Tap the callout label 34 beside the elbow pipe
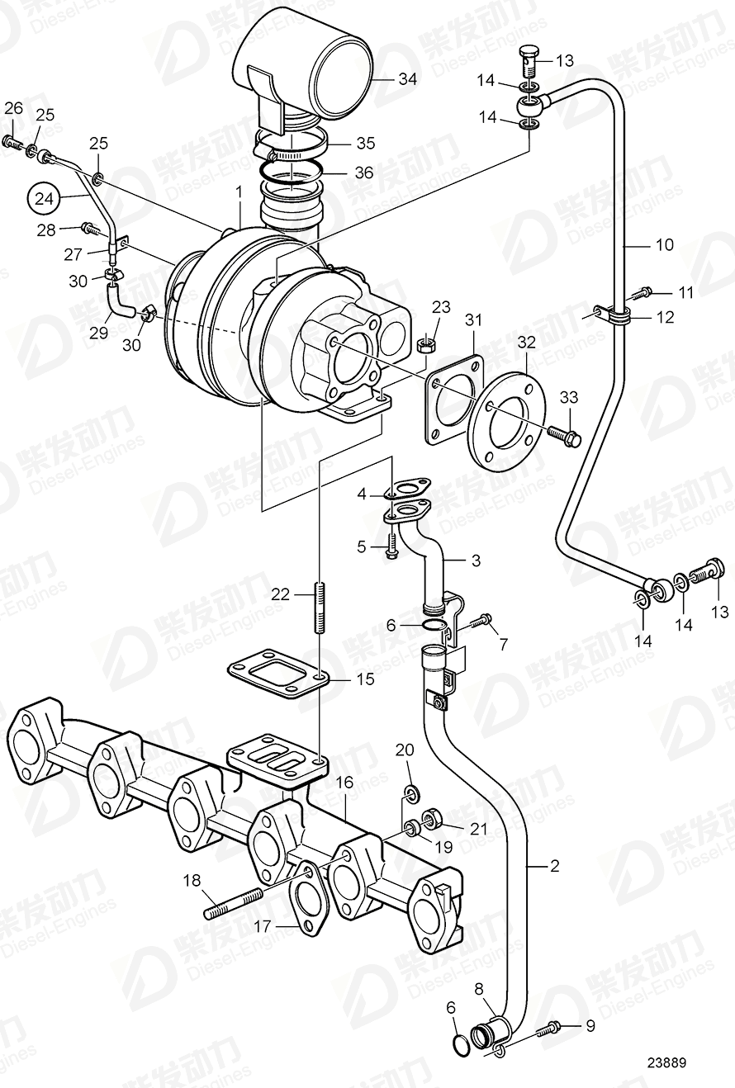point(407,79)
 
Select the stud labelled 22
point(319,608)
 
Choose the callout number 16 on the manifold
point(345,782)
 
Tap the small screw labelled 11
point(644,292)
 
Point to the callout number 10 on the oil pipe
point(665,245)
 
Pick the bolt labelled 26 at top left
point(12,144)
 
